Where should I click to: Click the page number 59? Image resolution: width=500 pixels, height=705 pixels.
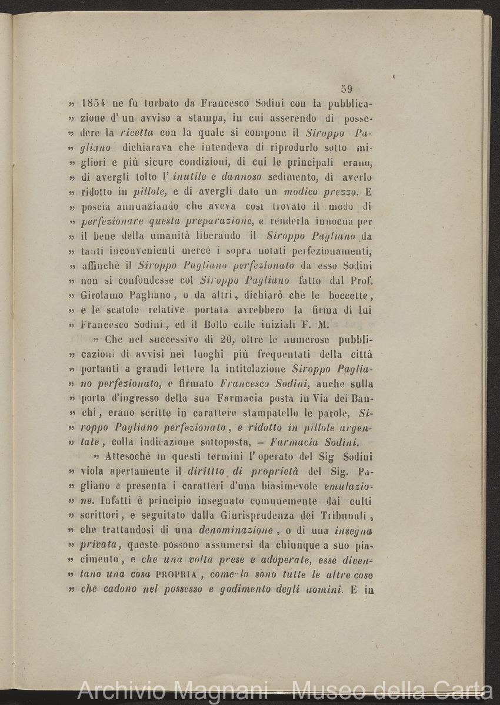tap(346, 89)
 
